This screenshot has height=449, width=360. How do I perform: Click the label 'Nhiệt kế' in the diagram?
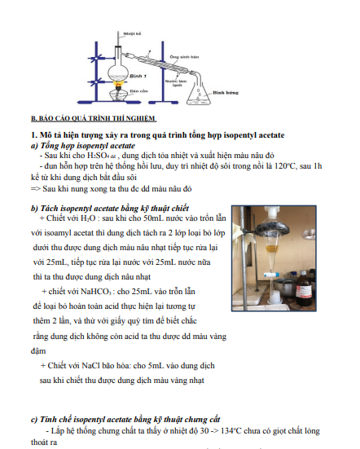coord(132,33)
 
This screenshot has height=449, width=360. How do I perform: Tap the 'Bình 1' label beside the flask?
coord(138,76)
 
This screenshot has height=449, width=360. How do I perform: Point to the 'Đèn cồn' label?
coord(138,91)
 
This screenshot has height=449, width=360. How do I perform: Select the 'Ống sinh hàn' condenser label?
coord(184,57)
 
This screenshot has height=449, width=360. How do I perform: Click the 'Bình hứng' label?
coord(226,93)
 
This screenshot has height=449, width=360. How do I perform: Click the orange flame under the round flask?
coord(117,84)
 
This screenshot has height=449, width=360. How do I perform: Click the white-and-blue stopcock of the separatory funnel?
coord(271,275)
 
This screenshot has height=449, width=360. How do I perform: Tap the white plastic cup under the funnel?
coord(274,297)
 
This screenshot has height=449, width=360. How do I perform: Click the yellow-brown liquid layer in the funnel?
coord(271,249)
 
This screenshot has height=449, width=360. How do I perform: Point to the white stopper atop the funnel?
coord(271,212)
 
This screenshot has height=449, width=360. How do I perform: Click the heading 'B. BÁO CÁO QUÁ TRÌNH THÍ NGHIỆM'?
coord(94,118)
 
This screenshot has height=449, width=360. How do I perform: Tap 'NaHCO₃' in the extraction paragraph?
coord(96,292)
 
